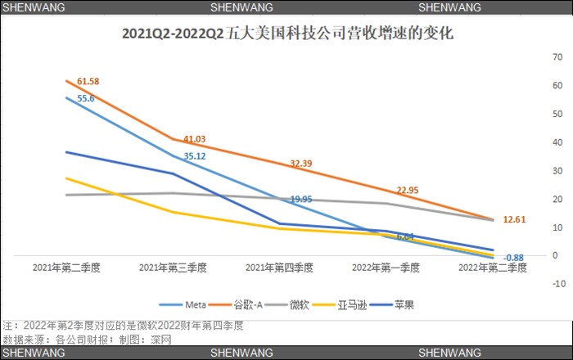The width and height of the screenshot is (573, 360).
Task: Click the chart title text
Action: pyautogui.click(x=286, y=34)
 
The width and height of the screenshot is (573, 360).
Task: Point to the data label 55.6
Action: pyautogui.click(x=86, y=98)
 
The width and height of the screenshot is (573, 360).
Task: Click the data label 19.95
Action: pyautogui.click(x=300, y=199)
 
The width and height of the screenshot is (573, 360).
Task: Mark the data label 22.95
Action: pyautogui.click(x=408, y=191)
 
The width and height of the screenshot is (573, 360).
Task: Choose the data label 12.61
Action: pyautogui.click(x=515, y=219)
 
